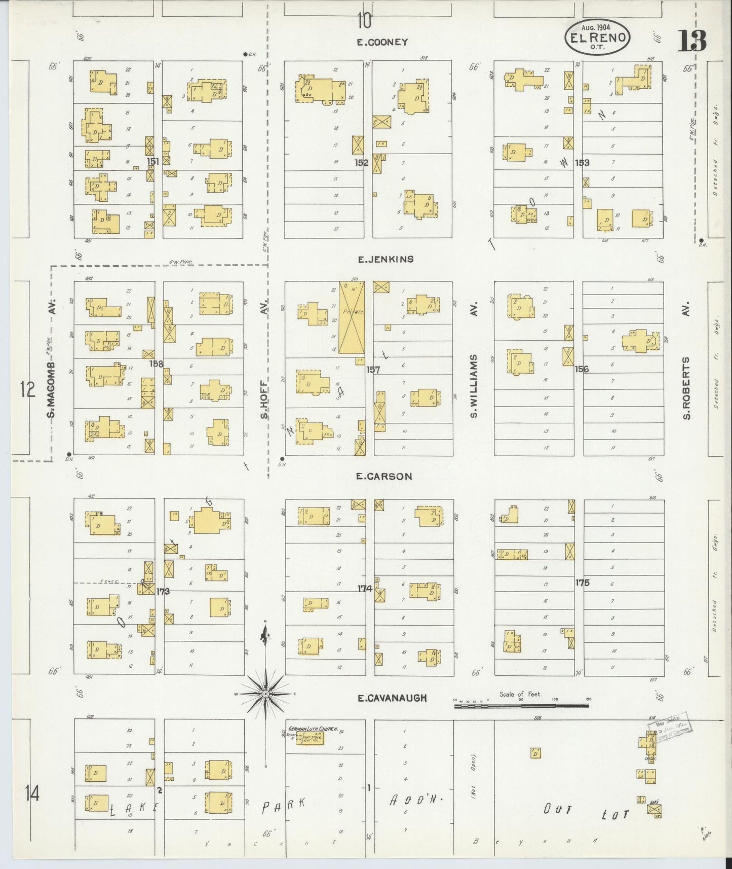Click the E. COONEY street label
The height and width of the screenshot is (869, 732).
click(382, 43)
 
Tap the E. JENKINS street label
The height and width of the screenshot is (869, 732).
click(386, 260)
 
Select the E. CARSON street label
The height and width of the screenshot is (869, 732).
click(384, 477)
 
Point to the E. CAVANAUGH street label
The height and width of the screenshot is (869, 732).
click(392, 698)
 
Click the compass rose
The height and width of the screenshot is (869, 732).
click(265, 693)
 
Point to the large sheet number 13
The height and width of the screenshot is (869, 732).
click(692, 41)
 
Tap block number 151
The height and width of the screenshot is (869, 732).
click(153, 161)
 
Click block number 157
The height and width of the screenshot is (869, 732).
click(373, 370)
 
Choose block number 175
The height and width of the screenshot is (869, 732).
click(583, 583)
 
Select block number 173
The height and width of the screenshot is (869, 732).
click(163, 591)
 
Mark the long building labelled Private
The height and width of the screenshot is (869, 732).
click(352, 317)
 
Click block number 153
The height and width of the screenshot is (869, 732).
click(582, 163)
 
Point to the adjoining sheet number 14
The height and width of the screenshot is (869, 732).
click(31, 792)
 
